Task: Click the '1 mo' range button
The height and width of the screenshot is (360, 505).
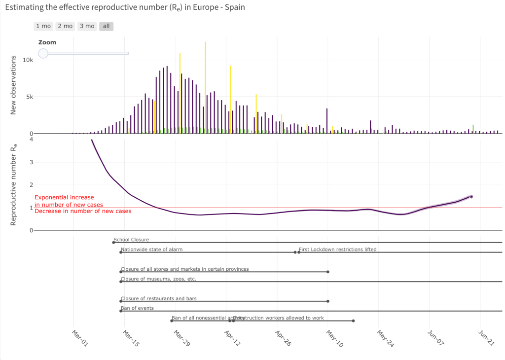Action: (43, 26)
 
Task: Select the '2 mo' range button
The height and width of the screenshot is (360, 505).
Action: (65, 26)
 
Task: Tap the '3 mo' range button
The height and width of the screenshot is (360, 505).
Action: (87, 26)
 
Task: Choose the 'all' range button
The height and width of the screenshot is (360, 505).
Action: (106, 26)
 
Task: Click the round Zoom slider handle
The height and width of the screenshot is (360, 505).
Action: (43, 53)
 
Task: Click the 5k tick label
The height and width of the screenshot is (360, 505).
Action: (29, 97)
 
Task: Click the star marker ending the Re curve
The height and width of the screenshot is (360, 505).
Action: (471, 197)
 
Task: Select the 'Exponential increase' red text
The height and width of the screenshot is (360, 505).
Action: (64, 198)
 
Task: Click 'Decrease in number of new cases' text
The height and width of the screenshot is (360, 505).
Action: (83, 211)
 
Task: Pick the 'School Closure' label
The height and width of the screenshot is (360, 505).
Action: (131, 240)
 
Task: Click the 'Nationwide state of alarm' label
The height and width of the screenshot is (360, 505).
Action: (151, 250)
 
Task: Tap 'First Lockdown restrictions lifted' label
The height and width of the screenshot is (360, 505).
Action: (337, 250)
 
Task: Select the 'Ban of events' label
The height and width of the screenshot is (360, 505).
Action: (137, 308)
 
